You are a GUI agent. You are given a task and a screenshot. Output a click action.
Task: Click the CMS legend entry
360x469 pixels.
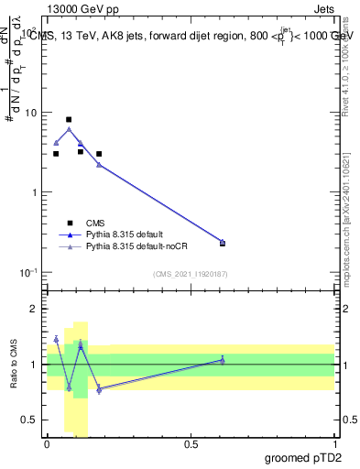94,223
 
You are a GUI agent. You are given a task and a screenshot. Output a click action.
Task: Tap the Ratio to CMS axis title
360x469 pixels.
14,365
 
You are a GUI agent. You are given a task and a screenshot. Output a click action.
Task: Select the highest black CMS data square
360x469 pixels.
69,119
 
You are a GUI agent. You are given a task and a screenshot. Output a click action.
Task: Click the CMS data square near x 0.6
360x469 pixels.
223,243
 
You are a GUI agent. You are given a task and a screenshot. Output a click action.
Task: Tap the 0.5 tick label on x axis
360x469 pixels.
191,443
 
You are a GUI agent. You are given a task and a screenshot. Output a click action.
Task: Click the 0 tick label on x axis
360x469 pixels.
47,443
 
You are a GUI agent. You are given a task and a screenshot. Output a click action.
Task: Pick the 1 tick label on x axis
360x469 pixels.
334,443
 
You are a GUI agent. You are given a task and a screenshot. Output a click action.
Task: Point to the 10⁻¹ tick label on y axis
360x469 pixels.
28,273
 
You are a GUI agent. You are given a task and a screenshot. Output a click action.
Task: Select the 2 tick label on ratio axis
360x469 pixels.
35,309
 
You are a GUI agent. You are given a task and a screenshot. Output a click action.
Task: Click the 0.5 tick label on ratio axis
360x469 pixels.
30,420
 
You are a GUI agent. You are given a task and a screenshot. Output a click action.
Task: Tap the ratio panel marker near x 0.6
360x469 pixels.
223,360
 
